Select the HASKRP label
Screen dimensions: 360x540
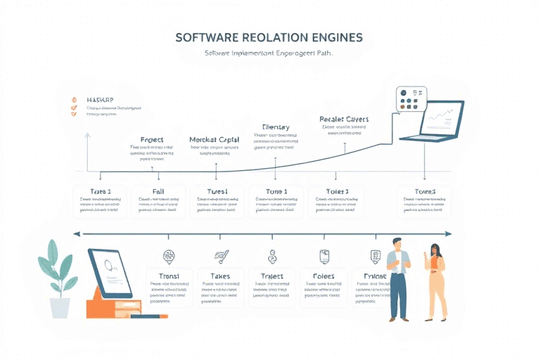click(101, 100)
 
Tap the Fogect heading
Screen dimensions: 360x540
click(152, 140)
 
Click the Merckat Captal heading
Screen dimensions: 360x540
click(214, 140)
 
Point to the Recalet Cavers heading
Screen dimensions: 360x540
click(344, 120)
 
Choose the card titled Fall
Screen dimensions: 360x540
click(158, 191)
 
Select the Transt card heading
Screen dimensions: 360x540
click(169, 276)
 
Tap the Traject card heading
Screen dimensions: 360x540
click(271, 276)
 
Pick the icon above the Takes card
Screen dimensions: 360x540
click(221, 256)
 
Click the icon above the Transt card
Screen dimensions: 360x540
click(169, 256)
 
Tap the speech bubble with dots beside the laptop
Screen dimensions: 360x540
click(411, 100)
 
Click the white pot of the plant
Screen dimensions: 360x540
click(60, 307)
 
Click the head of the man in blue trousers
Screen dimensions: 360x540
click(396, 245)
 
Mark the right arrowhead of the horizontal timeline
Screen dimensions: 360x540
click(450, 234)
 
